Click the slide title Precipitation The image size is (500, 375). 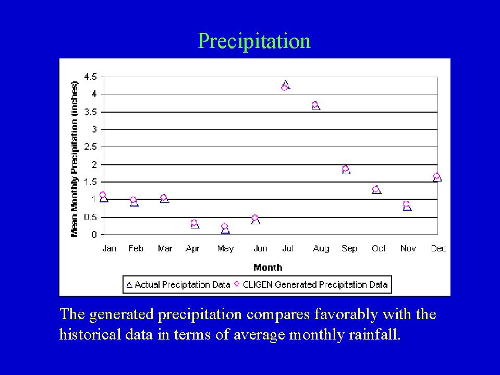pos(254,41)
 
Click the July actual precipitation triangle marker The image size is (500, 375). pos(285,83)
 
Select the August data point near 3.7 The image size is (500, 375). pos(315,105)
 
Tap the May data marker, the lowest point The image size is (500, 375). pos(225,228)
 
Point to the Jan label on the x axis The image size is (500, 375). pos(109,249)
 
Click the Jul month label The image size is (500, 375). pos(287,249)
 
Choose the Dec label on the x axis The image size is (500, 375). pos(438,249)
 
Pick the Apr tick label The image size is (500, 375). pos(193,249)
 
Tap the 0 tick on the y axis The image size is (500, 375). pos(94,235)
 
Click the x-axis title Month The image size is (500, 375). pos(267,268)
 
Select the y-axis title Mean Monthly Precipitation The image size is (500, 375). pos(75,159)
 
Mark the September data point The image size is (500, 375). pos(346,170)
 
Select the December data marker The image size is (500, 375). pos(437,177)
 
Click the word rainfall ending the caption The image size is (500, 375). pos(373,334)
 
